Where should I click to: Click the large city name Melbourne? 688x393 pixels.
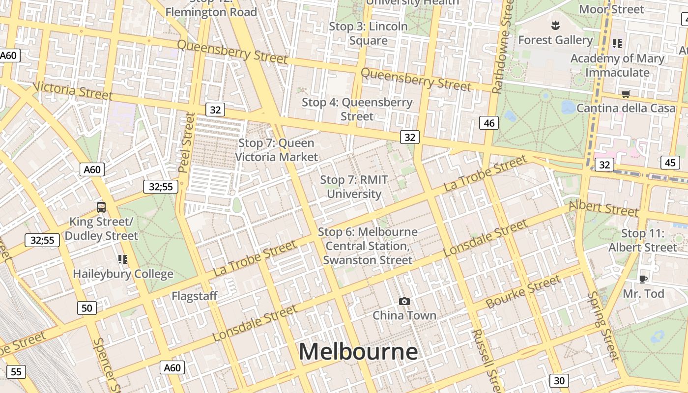tap(358, 352)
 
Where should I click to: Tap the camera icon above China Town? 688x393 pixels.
tap(404, 301)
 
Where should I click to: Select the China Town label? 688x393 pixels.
tap(404, 315)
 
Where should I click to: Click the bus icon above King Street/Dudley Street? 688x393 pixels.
tap(101, 207)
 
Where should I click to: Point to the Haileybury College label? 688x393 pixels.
tap(123, 274)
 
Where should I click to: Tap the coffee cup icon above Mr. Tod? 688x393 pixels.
tap(643, 280)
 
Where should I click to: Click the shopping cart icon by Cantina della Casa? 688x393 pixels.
tap(626, 94)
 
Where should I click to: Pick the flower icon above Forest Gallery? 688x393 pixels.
tap(555, 25)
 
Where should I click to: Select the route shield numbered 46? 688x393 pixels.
tap(489, 123)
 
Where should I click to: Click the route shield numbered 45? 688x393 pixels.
tap(670, 163)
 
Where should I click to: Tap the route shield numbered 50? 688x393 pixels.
tap(86, 308)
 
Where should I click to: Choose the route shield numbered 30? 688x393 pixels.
tap(559, 380)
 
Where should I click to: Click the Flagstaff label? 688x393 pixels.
tap(194, 296)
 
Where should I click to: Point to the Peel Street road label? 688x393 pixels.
tap(187, 142)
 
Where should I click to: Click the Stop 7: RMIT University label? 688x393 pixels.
tap(354, 187)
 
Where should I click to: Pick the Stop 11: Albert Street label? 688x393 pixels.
tap(643, 240)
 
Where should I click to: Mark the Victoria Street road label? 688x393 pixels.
tap(73, 91)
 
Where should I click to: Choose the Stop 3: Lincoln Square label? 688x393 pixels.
tap(368, 33)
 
